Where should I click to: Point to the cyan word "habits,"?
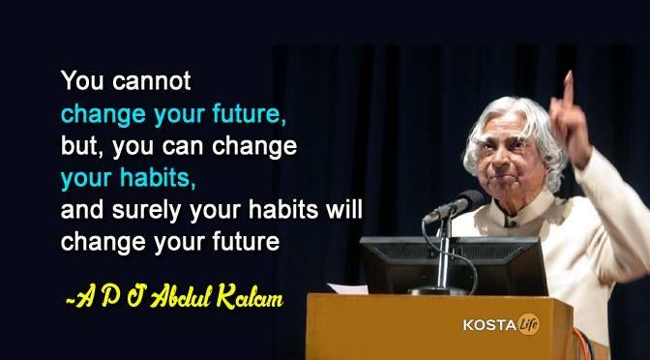point(153,179)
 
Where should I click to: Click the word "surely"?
point(139,211)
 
